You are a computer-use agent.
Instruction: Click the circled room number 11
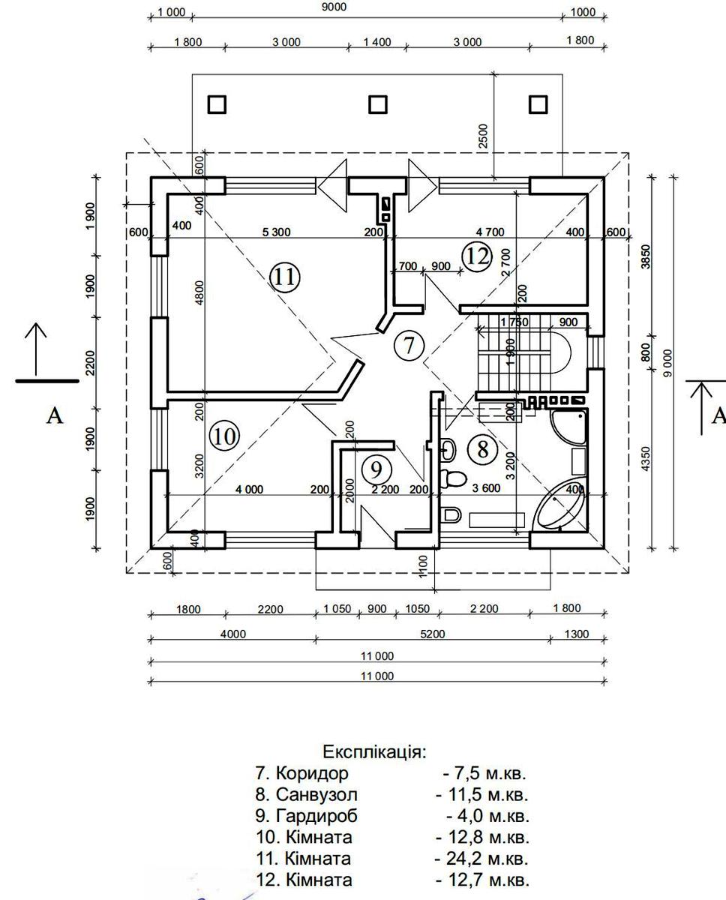pyautogui.click(x=285, y=277)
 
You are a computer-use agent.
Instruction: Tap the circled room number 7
pyautogui.click(x=409, y=346)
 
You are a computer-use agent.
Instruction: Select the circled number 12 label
pyautogui.click(x=477, y=256)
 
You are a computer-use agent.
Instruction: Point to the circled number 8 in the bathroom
pyautogui.click(x=483, y=450)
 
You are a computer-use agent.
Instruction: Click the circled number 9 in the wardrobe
pyautogui.click(x=376, y=469)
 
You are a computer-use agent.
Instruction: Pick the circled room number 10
pyautogui.click(x=224, y=436)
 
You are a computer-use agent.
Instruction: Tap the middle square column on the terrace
pyautogui.click(x=378, y=104)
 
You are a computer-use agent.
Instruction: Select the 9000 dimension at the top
pyautogui.click(x=334, y=7)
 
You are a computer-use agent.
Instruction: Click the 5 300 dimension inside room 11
pyautogui.click(x=277, y=232)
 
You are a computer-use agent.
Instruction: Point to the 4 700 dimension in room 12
pyautogui.click(x=490, y=232)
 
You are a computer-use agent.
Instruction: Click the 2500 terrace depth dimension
pyautogui.click(x=483, y=136)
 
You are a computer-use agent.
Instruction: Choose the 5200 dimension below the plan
pyautogui.click(x=433, y=634)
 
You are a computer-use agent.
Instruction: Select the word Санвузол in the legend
pyautogui.click(x=316, y=794)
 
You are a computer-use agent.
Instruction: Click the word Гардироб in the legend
pyautogui.click(x=316, y=816)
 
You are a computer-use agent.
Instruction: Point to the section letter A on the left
pyautogui.click(x=54, y=415)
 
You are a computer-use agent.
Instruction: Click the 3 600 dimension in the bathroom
pyautogui.click(x=486, y=488)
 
